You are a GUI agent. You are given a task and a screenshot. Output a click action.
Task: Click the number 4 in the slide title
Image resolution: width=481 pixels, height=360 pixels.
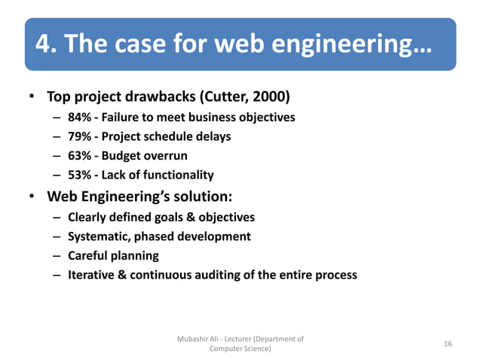click(44, 46)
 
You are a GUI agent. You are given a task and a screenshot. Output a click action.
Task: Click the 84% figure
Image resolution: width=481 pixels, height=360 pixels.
click(79, 117)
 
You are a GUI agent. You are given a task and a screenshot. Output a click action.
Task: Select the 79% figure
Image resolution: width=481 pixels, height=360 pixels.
click(79, 137)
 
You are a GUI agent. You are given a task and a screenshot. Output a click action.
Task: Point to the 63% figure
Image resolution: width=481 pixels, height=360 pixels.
click(79, 156)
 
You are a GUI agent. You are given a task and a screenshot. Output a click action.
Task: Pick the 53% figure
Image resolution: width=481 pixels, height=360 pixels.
click(79, 175)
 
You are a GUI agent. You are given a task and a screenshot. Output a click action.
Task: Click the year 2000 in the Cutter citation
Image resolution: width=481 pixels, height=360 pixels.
click(271, 98)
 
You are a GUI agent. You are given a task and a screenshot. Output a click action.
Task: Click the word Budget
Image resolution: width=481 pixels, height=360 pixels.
click(126, 156)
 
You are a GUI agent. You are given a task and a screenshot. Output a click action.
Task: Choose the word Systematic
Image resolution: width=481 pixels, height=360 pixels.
click(101, 236)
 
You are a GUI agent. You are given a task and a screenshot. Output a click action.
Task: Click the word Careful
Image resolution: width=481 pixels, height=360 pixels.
click(90, 256)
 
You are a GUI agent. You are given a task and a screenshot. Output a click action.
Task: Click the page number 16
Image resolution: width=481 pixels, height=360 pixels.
click(448, 344)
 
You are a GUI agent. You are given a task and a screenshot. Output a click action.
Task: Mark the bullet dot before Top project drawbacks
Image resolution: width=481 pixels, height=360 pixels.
click(32, 98)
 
